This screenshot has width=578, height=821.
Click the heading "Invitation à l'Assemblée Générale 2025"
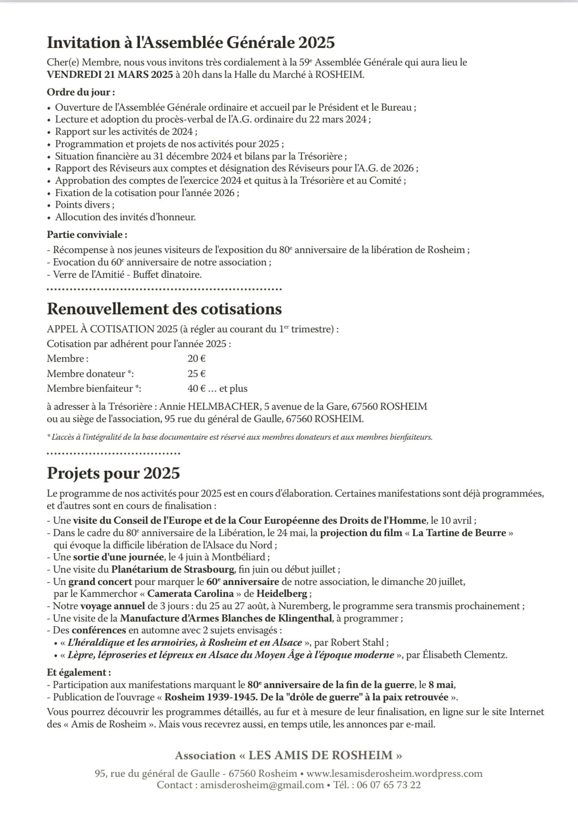191,43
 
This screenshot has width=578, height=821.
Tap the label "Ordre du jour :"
81,92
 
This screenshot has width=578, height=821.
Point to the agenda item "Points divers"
85,205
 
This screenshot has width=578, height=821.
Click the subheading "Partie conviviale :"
87,235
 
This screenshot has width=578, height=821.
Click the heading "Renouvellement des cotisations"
164,309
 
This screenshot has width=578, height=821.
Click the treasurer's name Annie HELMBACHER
210,406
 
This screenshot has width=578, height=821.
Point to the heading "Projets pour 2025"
113,473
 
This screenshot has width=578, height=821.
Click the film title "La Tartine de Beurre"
459,533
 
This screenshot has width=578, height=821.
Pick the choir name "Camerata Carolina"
191,594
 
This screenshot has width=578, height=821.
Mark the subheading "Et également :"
79,672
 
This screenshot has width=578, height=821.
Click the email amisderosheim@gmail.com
262,785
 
